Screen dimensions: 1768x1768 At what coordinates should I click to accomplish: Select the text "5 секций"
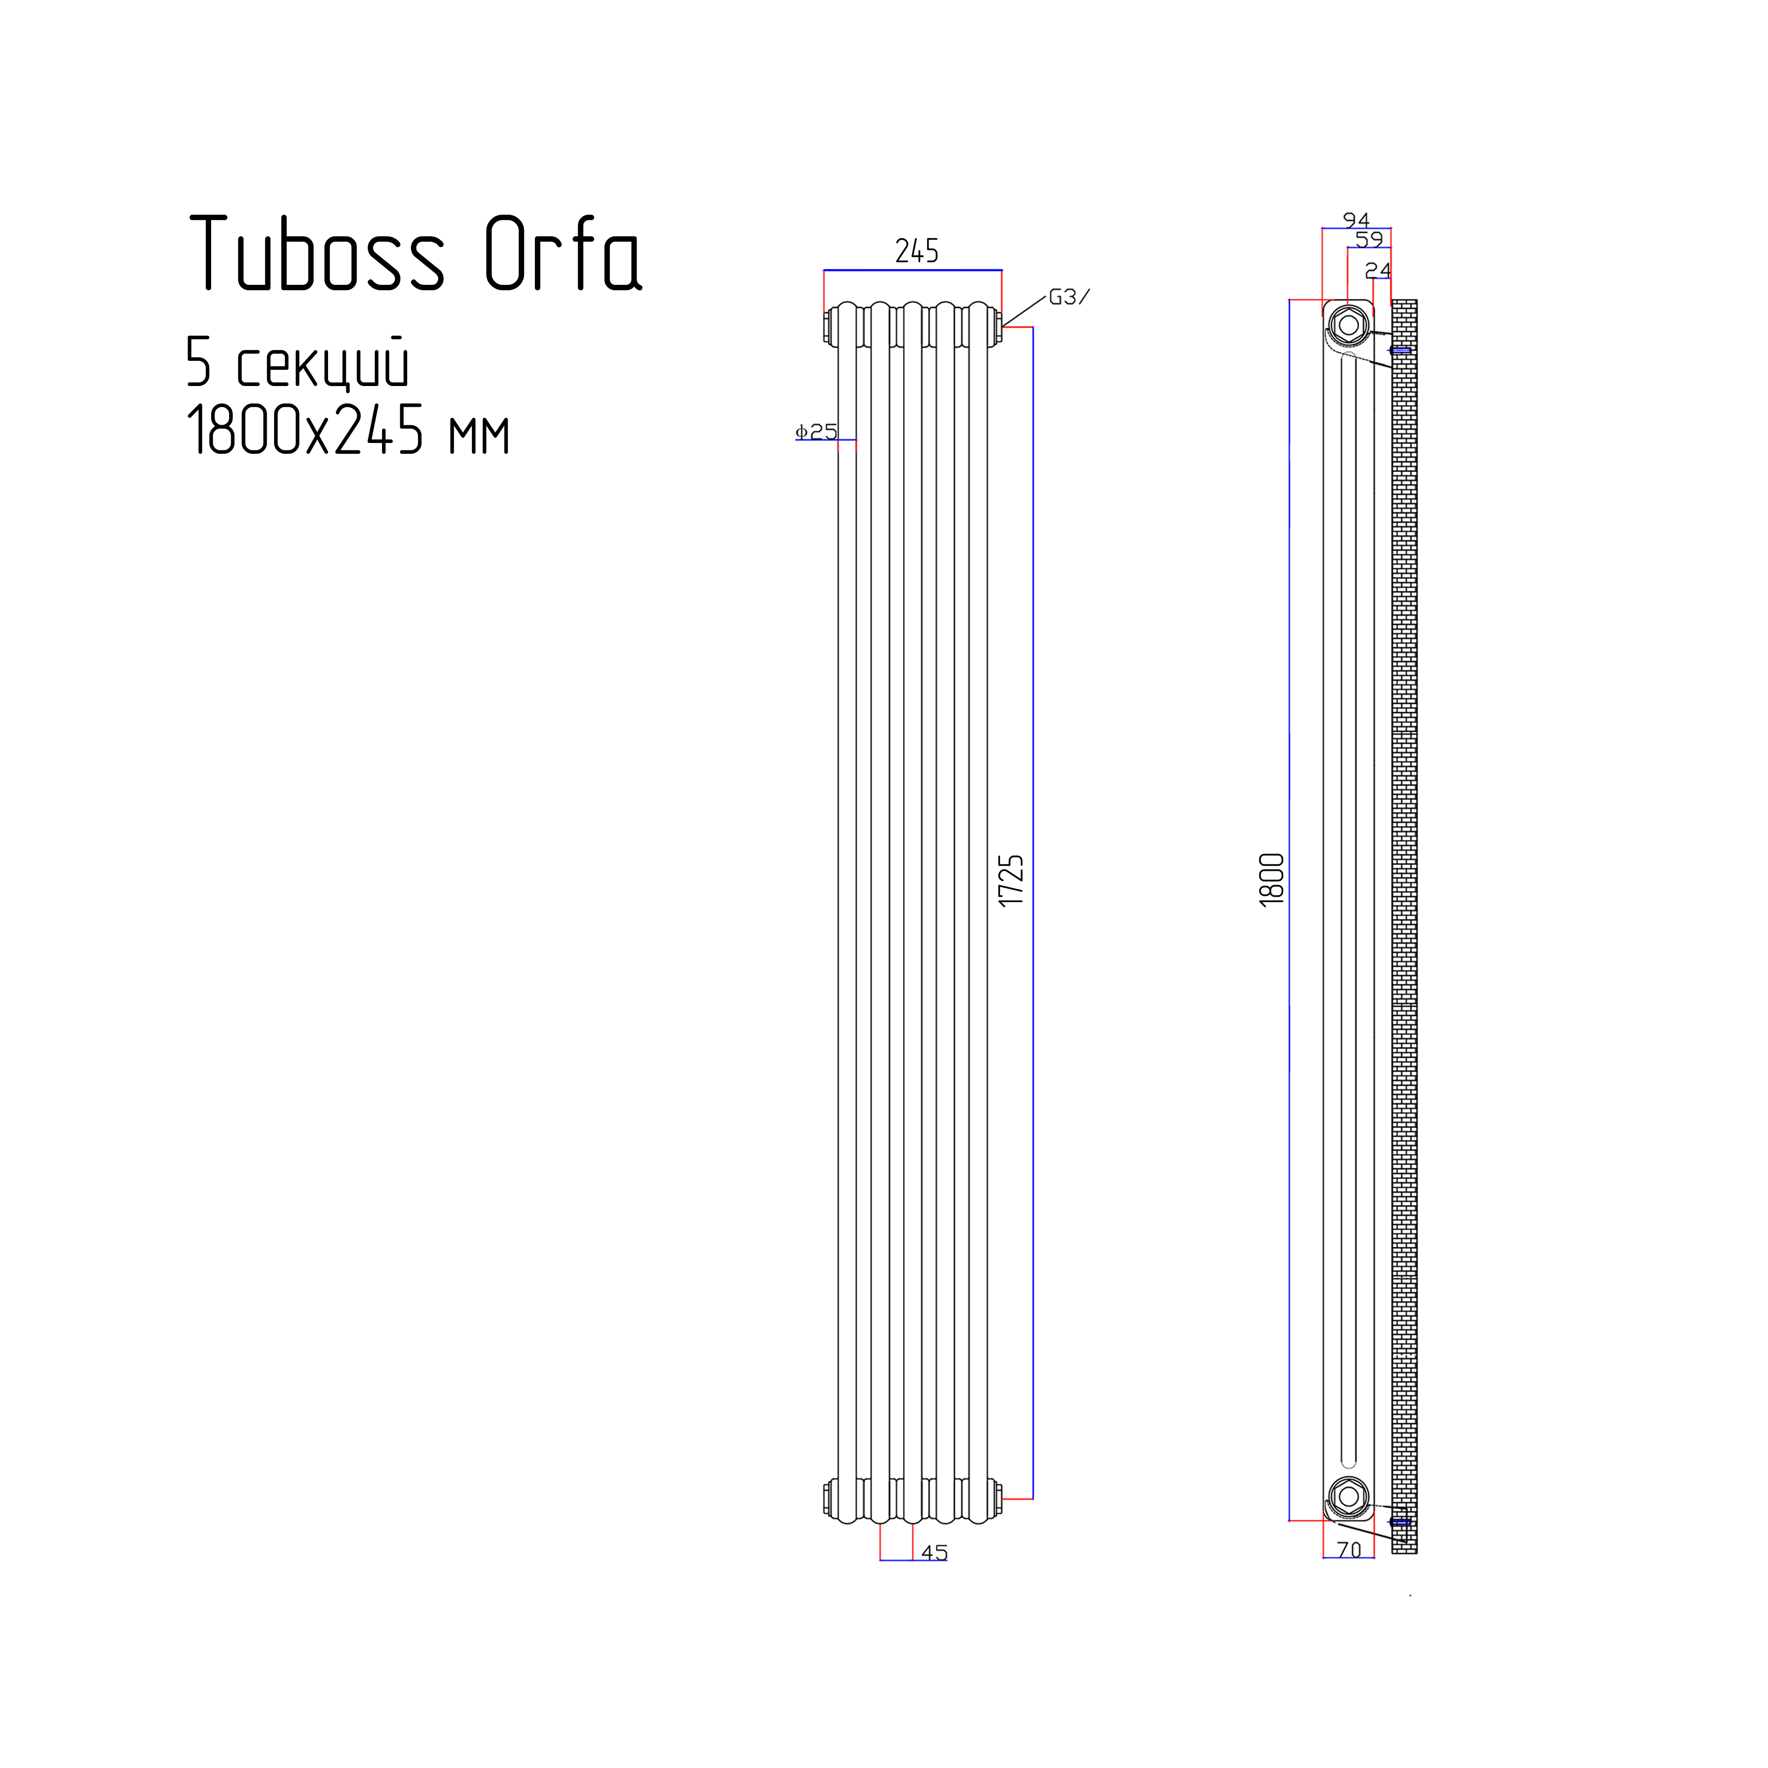click(298, 362)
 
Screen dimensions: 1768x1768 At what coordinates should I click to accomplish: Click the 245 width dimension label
click(917, 251)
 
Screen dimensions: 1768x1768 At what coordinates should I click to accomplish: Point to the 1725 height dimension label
click(1011, 881)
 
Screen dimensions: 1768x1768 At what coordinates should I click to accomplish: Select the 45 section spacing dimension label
click(934, 1553)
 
